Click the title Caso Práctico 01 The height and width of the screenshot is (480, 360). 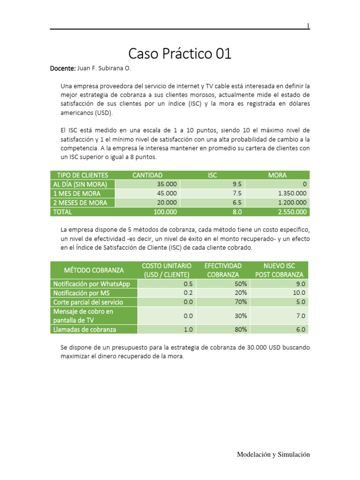tap(180, 54)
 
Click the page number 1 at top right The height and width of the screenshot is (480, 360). tap(308, 26)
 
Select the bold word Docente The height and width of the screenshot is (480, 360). tap(62, 69)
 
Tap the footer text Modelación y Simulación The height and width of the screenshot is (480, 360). tap(273, 454)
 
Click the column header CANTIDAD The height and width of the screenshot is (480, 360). tap(147, 175)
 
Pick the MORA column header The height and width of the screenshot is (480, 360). tap(277, 175)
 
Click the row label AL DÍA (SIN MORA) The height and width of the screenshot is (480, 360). tap(80, 184)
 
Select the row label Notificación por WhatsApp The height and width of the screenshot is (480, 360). tap(91, 284)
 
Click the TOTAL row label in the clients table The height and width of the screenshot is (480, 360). tap(63, 212)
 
